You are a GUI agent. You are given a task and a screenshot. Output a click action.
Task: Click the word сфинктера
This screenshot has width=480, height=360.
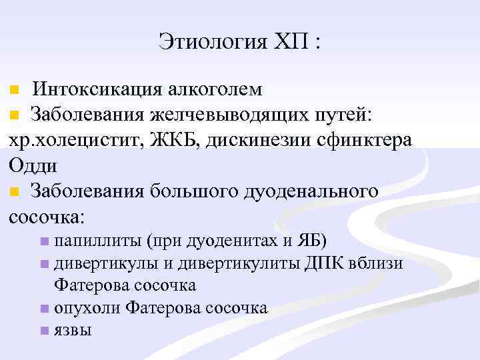(x=376, y=141)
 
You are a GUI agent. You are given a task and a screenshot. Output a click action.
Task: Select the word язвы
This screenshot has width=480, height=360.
(x=73, y=331)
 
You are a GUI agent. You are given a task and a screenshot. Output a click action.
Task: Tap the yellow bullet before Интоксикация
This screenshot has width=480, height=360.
(x=15, y=90)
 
